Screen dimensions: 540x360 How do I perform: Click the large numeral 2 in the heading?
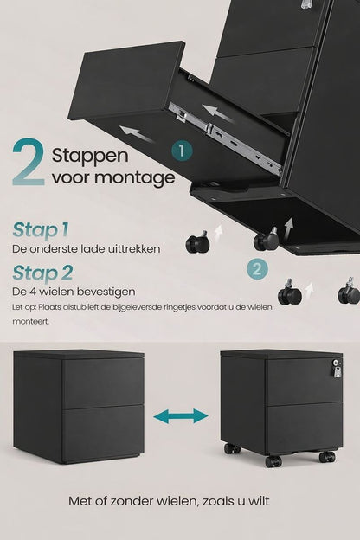[x=29, y=163]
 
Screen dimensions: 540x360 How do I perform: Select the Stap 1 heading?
[x=41, y=229]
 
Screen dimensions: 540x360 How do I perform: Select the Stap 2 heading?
[x=42, y=273]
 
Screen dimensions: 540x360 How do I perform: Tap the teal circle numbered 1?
[x=179, y=151]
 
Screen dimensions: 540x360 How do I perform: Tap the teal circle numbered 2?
[x=255, y=268]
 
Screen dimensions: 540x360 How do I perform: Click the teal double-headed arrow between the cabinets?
[x=180, y=418]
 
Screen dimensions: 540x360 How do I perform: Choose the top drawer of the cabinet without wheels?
[x=102, y=383]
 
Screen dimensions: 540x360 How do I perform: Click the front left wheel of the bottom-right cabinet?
[x=232, y=449]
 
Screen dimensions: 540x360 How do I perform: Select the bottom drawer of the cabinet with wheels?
[x=304, y=427]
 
